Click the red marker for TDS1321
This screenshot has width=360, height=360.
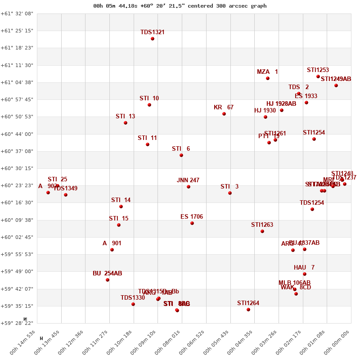(x=153, y=39)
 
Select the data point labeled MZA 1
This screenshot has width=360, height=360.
(x=268, y=78)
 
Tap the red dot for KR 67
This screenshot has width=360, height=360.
(x=224, y=114)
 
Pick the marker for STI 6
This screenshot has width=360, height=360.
(x=181, y=155)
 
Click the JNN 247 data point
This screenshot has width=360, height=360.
(x=189, y=187)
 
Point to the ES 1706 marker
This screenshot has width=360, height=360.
(x=192, y=223)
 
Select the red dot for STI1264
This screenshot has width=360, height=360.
(x=248, y=310)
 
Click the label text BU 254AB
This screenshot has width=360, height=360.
(x=107, y=273)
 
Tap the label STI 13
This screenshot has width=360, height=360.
(x=125, y=116)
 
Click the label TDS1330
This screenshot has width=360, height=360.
(x=133, y=297)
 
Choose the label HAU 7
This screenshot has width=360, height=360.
(x=304, y=267)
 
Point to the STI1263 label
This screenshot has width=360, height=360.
(x=262, y=225)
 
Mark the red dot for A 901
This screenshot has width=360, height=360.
(x=112, y=250)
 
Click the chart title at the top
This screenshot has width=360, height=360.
(x=180, y=6)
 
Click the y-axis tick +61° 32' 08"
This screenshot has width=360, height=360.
(x=17, y=13)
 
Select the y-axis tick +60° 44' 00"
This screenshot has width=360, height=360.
(x=17, y=134)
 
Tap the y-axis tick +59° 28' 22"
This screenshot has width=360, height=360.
(x=17, y=323)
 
